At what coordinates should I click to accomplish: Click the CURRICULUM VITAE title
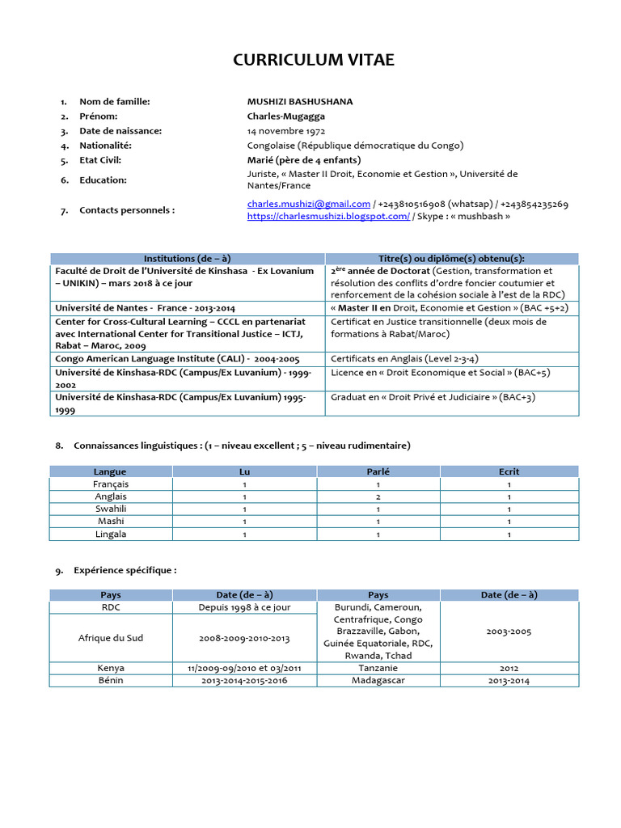tap(314, 61)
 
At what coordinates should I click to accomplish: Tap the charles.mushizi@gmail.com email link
tap(309, 204)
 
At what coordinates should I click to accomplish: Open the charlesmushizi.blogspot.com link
tap(328, 217)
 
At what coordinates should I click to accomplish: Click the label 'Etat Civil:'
tap(105, 160)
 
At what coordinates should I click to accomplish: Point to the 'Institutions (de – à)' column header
tap(187, 258)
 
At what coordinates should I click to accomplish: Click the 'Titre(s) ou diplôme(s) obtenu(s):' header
tap(451, 258)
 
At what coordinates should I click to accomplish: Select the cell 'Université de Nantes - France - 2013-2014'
tap(146, 308)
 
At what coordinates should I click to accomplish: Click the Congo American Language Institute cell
tap(177, 357)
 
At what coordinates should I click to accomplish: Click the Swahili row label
tap(110, 509)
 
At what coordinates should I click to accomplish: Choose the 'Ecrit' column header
tap(509, 471)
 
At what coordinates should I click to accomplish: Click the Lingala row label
tap(110, 534)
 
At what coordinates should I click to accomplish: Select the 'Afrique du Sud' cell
tap(111, 637)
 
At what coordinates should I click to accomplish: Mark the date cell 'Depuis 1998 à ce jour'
tap(245, 607)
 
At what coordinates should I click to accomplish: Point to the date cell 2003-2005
tap(509, 632)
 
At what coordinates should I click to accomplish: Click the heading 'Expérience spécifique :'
tap(125, 570)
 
